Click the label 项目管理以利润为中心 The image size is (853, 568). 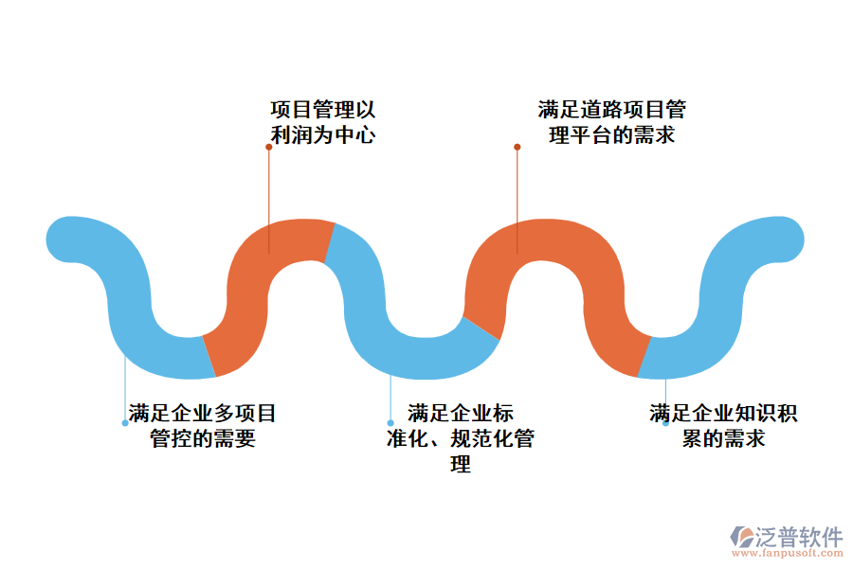click(323, 122)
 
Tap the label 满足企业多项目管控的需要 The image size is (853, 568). click(203, 426)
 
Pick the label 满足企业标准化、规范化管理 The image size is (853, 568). click(461, 438)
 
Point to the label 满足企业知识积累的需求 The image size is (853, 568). click(723, 426)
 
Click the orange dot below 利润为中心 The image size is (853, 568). click(269, 147)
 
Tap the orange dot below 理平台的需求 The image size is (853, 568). click(517, 147)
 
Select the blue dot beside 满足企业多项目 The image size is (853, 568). click(125, 423)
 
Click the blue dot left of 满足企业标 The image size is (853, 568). click(390, 423)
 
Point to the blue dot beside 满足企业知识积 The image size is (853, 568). click(665, 423)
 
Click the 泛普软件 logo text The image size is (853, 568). click(799, 537)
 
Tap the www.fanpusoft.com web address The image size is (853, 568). click(788, 555)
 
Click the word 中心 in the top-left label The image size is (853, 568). click(357, 134)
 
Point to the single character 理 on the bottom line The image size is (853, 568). click(461, 464)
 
